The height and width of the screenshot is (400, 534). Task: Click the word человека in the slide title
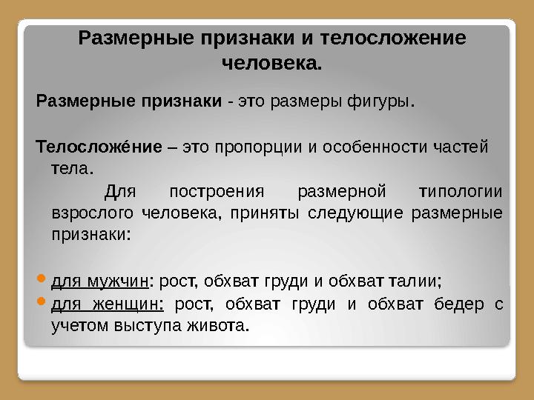pyautogui.click(x=271, y=64)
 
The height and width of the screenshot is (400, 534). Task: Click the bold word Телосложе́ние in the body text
pyautogui.click(x=99, y=145)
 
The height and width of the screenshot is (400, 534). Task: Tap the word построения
pyautogui.click(x=217, y=192)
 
